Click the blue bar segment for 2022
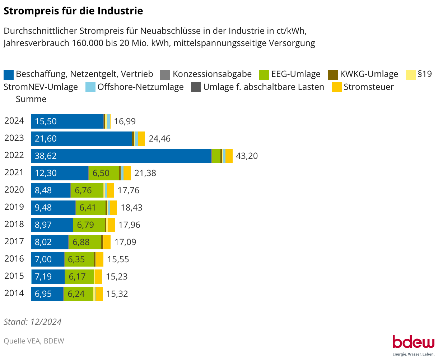(121, 156)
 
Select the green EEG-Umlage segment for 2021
(104, 173)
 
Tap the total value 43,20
(247, 156)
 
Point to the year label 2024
(14, 121)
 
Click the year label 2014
(14, 293)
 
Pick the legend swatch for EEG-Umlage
(264, 74)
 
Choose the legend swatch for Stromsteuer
(337, 87)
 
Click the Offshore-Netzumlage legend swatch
(90, 87)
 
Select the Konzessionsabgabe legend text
(212, 74)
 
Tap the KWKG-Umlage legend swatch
(333, 74)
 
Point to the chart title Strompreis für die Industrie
(73, 11)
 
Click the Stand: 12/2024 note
(33, 322)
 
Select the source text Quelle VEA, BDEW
(34, 341)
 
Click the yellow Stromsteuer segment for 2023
(141, 139)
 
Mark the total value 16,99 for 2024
(125, 121)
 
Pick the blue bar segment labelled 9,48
(53, 208)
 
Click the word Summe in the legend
(31, 99)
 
